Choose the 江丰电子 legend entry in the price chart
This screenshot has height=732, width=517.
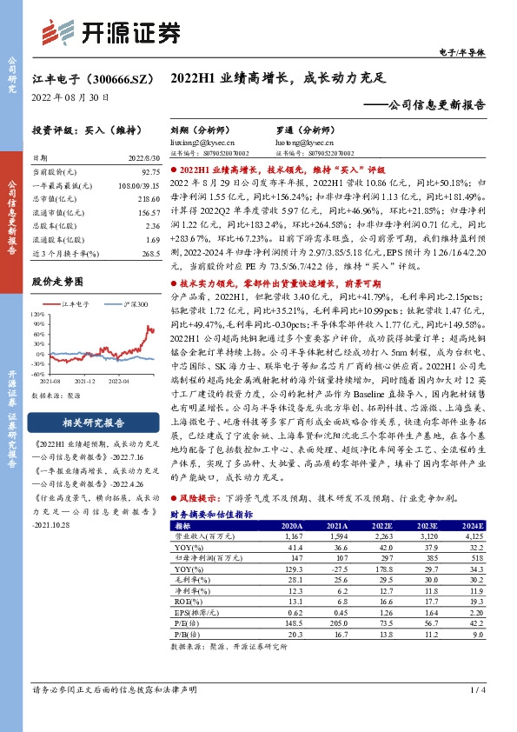[x=74, y=304]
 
